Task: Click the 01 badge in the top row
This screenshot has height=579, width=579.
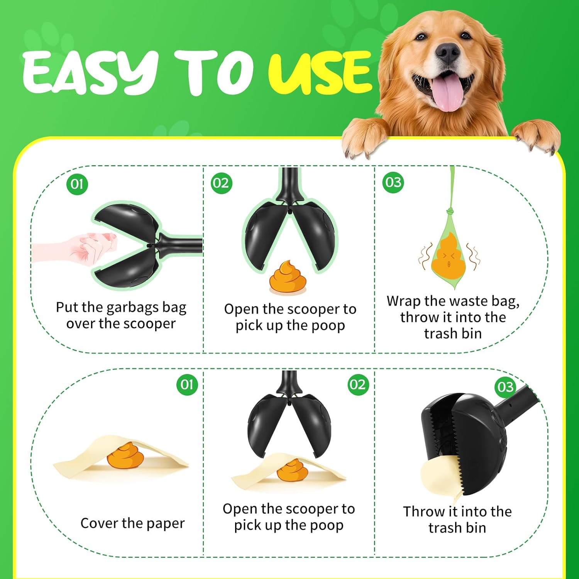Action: pos(77,184)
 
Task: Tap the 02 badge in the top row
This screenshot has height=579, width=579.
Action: pos(221,183)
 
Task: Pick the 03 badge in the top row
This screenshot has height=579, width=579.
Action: pos(393,182)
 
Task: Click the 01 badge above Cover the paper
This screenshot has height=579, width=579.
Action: pos(187,384)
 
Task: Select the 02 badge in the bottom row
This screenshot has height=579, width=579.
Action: pos(357,384)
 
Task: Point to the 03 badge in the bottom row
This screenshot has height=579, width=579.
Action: pos(505,387)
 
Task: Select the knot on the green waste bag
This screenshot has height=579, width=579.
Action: pos(450,212)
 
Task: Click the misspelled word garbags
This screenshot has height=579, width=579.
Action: pos(132,308)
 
